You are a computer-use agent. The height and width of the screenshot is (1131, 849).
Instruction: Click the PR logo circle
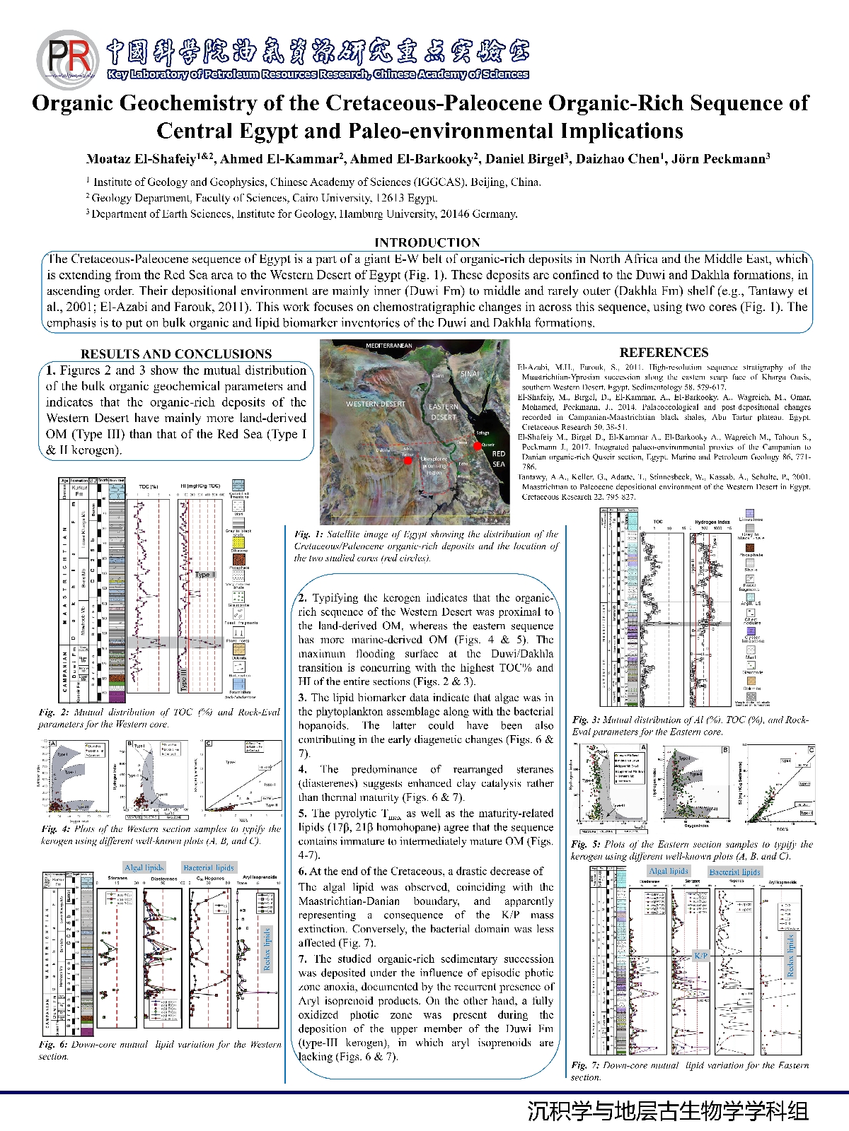pyautogui.click(x=67, y=59)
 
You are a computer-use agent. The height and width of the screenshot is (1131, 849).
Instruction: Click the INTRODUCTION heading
pyautogui.click(x=427, y=242)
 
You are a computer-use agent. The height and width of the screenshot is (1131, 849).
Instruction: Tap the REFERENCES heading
pyautogui.click(x=664, y=353)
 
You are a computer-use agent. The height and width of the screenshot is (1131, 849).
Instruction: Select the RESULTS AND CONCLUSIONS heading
pyautogui.click(x=176, y=354)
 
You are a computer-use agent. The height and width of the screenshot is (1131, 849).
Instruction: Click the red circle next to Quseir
pyautogui.click(x=478, y=446)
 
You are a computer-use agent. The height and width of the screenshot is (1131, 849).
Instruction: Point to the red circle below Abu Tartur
pyautogui.click(x=408, y=460)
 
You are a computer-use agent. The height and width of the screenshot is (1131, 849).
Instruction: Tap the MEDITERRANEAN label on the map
pyautogui.click(x=388, y=346)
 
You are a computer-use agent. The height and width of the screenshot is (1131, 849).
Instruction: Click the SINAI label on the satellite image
pyautogui.click(x=470, y=373)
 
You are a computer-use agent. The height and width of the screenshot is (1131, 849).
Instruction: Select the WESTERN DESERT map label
pyautogui.click(x=376, y=404)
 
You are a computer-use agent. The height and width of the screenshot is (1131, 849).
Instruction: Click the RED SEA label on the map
pyautogui.click(x=499, y=459)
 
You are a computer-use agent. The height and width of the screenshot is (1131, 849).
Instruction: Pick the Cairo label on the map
pyautogui.click(x=438, y=376)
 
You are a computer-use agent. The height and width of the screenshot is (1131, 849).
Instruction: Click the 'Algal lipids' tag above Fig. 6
pyautogui.click(x=144, y=867)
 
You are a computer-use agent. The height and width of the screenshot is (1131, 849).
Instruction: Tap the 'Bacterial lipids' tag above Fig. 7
pyautogui.click(x=735, y=872)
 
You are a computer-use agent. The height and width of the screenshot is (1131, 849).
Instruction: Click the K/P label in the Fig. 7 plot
pyautogui.click(x=700, y=956)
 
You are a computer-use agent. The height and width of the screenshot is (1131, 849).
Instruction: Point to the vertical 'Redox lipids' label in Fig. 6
pyautogui.click(x=267, y=949)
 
